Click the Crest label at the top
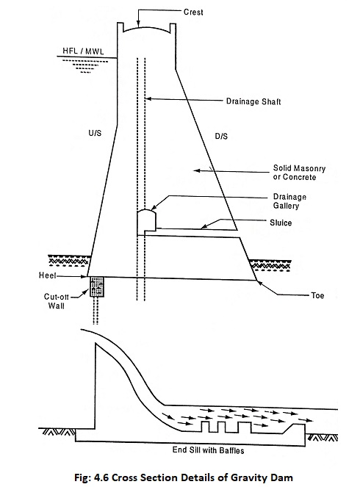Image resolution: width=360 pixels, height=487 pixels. [x=193, y=12]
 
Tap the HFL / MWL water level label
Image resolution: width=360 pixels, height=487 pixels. [x=83, y=51]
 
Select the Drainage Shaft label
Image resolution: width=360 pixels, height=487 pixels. [x=253, y=101]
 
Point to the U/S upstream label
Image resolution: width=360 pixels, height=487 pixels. [x=95, y=133]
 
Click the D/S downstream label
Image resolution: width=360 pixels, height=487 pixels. [x=221, y=136]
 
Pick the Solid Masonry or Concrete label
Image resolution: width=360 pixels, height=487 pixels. [x=299, y=173]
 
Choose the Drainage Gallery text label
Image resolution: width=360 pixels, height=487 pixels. [x=289, y=201]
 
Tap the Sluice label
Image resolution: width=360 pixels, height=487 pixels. [x=281, y=223]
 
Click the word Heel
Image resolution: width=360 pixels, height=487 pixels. [x=48, y=275]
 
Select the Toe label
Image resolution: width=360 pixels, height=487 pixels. [x=317, y=295]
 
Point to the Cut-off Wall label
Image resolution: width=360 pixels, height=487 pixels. [x=57, y=301]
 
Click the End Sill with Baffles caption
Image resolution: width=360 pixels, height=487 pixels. [x=208, y=450]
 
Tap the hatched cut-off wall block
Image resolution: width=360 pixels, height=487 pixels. [x=96, y=286]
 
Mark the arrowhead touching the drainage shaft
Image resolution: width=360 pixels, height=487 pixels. [x=148, y=98]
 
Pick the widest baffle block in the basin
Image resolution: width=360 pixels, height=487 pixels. [x=244, y=427]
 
